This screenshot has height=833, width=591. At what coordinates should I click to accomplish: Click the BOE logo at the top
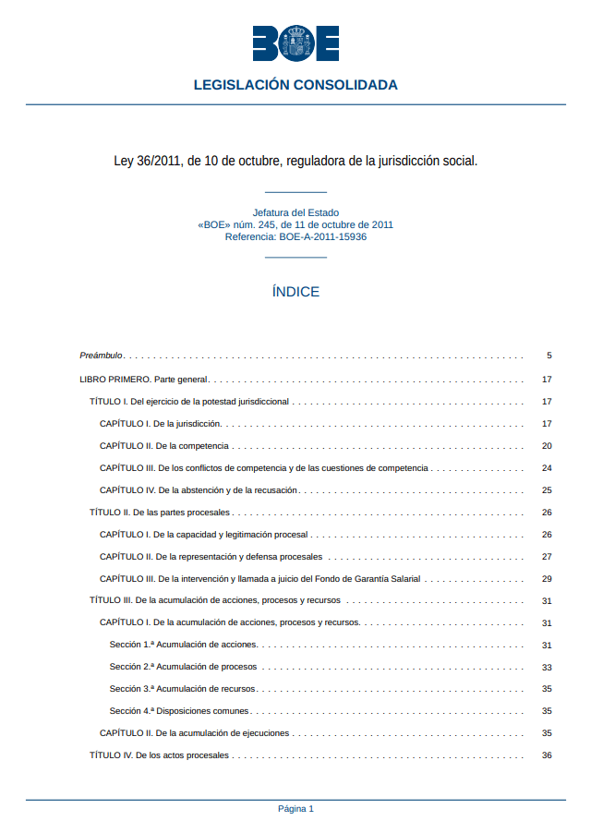(x=295, y=43)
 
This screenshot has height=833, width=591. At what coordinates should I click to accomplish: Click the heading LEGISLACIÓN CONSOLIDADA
(x=295, y=85)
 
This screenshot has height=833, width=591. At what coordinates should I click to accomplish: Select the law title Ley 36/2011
(x=295, y=161)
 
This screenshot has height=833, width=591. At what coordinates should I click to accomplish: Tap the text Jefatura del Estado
(x=295, y=212)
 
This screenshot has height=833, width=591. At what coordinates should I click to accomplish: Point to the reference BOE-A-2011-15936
(x=295, y=236)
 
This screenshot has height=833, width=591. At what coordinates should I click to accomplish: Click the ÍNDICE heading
(x=295, y=292)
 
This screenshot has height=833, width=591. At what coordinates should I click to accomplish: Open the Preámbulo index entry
(x=102, y=356)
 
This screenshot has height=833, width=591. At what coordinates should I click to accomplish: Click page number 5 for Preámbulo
(x=549, y=356)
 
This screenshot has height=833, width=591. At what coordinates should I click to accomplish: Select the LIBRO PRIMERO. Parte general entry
(x=144, y=379)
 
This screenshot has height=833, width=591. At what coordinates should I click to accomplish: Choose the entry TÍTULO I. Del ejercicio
(x=189, y=402)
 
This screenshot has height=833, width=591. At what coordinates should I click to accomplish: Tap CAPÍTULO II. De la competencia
(x=164, y=446)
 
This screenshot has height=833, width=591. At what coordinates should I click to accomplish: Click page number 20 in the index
(x=547, y=446)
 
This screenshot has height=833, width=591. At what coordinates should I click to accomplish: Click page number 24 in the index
(x=547, y=468)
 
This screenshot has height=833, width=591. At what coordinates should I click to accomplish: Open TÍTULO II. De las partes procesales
(x=160, y=513)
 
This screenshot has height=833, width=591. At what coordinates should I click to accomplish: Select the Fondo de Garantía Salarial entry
(x=259, y=579)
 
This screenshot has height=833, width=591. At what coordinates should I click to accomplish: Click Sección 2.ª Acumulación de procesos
(x=183, y=667)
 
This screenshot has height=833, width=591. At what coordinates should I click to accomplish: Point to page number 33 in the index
(x=547, y=667)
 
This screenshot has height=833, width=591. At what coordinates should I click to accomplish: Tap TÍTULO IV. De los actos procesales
(x=159, y=755)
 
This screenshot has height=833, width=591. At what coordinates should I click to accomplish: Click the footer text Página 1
(x=295, y=809)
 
